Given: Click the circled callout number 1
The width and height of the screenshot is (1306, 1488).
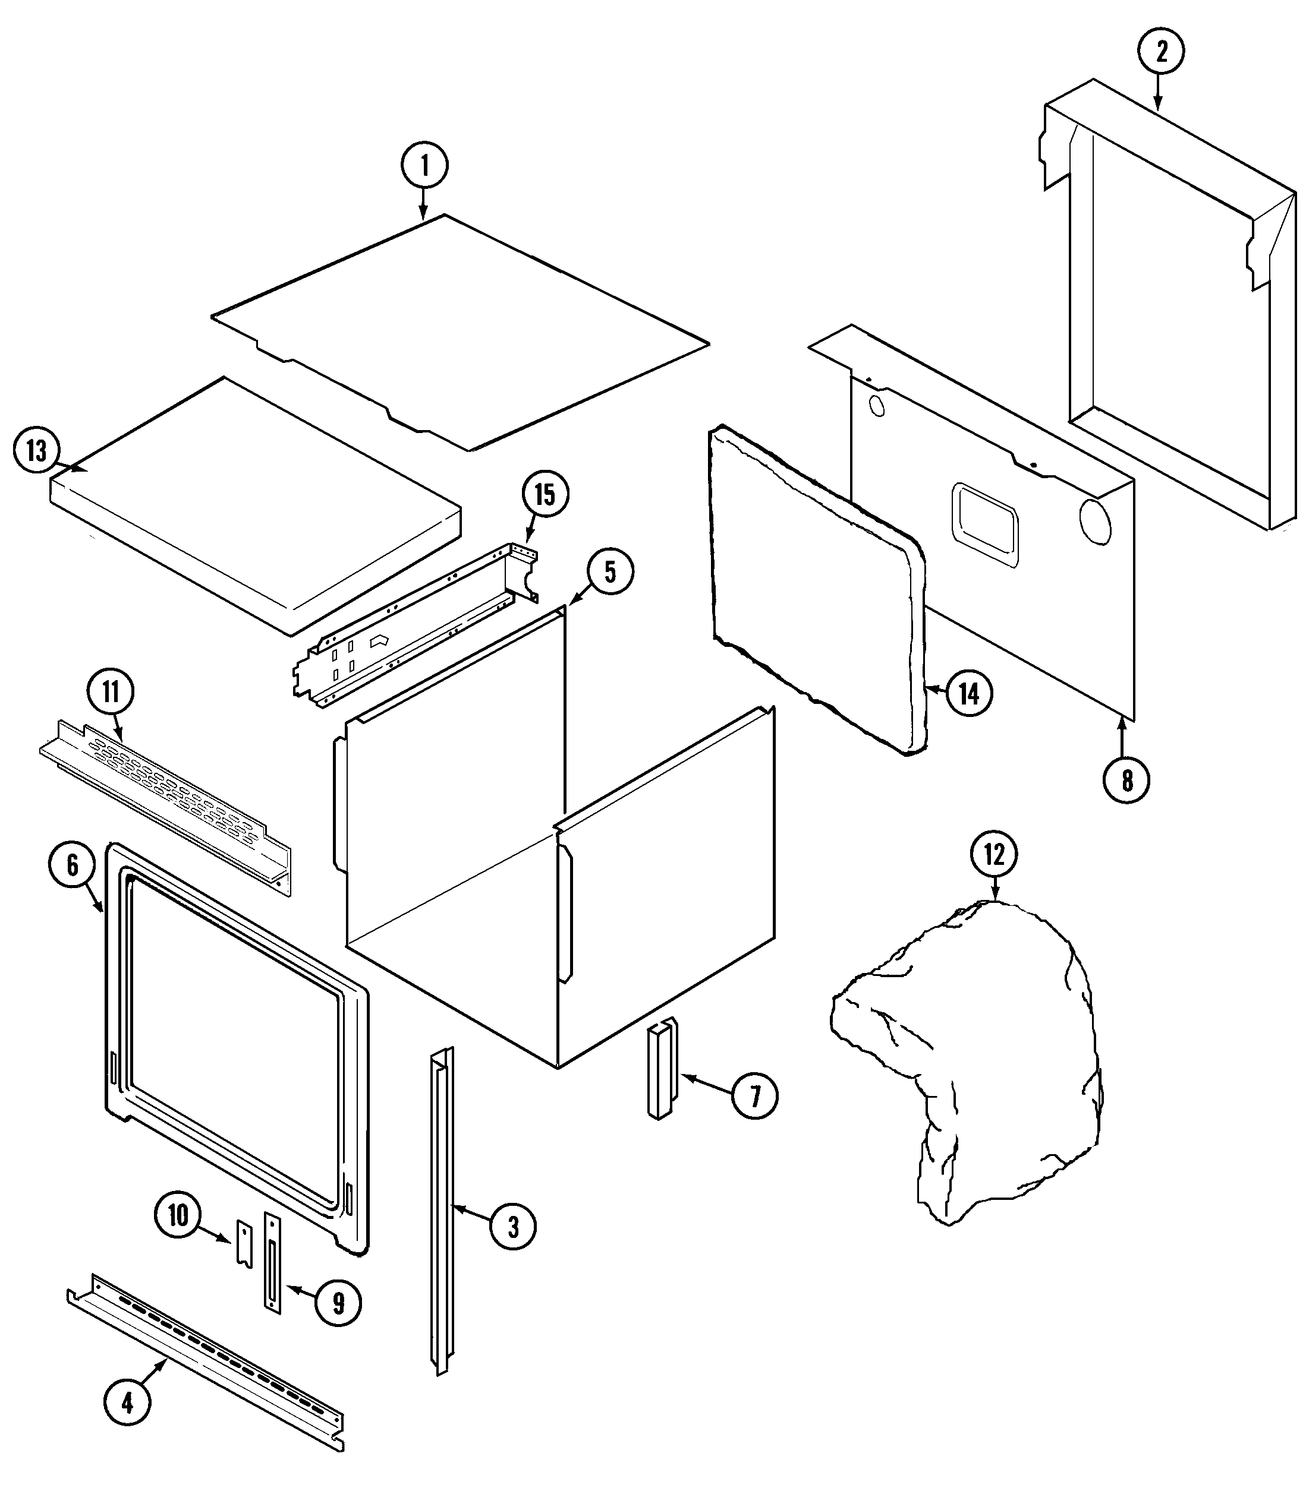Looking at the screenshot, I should click(x=424, y=165).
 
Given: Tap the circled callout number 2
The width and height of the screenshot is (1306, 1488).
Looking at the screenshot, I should click(x=1161, y=51).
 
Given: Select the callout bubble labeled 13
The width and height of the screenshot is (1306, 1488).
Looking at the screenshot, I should click(x=36, y=451).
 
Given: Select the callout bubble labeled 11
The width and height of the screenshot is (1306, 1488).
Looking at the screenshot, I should click(x=111, y=691).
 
